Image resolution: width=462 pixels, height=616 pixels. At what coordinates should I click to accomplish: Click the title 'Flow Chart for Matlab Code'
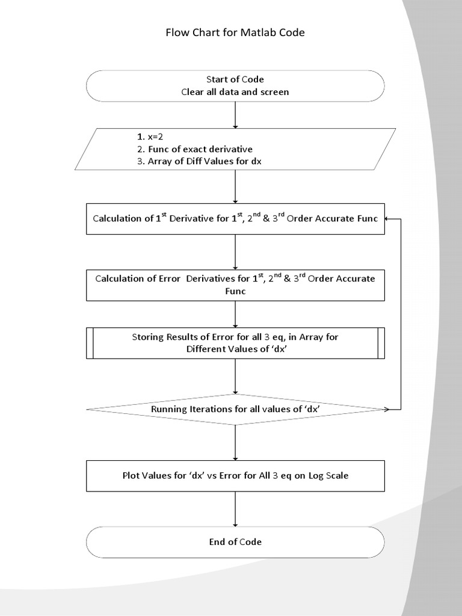pyautogui.click(x=235, y=32)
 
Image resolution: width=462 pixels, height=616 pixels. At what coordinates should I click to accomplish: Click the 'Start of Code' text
pyautogui.click(x=235, y=79)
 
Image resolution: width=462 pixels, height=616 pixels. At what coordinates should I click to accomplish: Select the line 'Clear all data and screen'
pyautogui.click(x=235, y=92)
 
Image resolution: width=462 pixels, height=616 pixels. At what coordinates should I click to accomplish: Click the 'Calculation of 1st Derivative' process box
pyautogui.click(x=235, y=218)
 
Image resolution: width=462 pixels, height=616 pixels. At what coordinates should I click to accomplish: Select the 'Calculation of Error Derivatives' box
pyautogui.click(x=235, y=285)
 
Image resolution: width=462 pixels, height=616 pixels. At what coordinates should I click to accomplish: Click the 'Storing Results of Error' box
pyautogui.click(x=235, y=343)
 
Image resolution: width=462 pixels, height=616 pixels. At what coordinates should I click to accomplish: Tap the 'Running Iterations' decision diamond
pyautogui.click(x=235, y=410)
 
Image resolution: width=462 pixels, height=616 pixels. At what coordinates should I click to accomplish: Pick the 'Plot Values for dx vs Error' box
pyautogui.click(x=235, y=475)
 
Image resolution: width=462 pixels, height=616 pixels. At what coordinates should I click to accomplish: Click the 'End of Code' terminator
pyautogui.click(x=235, y=542)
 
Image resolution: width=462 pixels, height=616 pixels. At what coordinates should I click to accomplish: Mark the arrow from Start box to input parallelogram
pyautogui.click(x=235, y=114)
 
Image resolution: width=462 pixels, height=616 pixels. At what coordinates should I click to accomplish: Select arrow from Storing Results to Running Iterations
pyautogui.click(x=235, y=377)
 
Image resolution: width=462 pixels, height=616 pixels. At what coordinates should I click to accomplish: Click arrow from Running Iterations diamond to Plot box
pyautogui.click(x=235, y=443)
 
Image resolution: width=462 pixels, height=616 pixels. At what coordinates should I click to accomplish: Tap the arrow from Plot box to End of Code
pyautogui.click(x=235, y=509)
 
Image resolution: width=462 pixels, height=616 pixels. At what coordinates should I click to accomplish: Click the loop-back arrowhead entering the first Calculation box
pyautogui.click(x=389, y=218)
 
